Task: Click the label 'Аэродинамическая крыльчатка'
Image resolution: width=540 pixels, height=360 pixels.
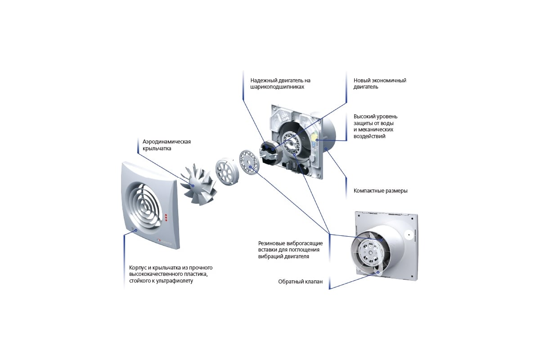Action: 166,145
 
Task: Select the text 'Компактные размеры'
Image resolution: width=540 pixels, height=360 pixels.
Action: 380,191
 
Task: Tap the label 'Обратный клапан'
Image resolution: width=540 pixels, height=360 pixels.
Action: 300,282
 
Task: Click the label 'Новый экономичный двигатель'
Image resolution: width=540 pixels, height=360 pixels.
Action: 380,83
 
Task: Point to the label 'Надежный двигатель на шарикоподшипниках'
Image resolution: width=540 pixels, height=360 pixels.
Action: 280,83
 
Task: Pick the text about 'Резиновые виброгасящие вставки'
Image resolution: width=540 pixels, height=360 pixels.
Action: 290,250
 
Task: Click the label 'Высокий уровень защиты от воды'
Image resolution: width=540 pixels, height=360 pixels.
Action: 375,126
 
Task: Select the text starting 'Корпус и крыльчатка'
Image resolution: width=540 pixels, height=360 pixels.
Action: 171,274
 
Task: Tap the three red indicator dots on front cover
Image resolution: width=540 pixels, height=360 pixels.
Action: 166,217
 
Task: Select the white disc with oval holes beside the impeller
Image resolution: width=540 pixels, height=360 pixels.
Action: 227,171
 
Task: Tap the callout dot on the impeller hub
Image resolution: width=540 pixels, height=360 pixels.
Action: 193,186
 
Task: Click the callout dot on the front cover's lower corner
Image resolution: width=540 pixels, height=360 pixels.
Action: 136,230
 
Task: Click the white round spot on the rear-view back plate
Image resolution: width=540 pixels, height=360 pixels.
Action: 409,234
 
